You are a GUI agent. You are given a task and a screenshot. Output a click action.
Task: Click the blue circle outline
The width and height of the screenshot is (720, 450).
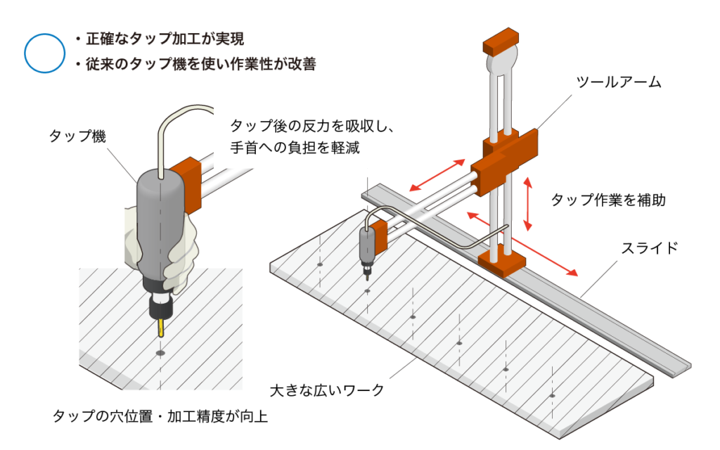44,53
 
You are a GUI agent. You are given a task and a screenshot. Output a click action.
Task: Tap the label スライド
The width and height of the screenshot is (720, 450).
649,247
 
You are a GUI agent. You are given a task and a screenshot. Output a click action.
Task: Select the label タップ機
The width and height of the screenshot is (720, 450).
77,136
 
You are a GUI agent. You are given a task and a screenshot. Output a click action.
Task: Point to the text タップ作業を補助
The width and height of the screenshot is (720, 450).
607,200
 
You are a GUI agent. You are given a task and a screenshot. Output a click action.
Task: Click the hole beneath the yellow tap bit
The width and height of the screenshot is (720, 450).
160,352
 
